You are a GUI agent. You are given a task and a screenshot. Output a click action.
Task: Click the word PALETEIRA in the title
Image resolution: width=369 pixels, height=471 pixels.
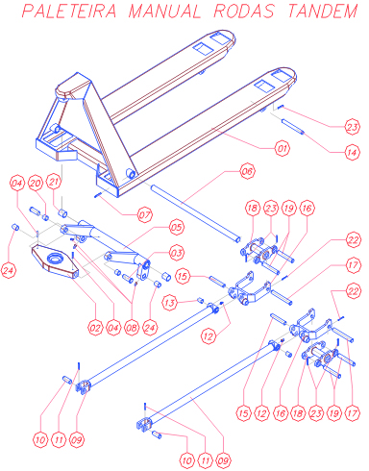(69, 11)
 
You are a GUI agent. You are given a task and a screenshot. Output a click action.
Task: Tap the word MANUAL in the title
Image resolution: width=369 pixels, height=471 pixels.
(164, 11)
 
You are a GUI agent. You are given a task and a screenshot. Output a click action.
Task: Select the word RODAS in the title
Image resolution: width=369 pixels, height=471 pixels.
(244, 11)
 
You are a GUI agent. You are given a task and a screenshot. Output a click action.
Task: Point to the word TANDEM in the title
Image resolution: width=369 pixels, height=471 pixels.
(323, 11)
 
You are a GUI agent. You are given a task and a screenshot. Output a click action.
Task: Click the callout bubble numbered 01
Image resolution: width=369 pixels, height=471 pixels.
(282, 148)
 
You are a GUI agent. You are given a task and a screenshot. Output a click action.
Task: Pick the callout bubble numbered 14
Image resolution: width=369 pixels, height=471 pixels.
(352, 152)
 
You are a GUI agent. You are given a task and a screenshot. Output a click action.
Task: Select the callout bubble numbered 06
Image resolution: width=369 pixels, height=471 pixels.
(247, 171)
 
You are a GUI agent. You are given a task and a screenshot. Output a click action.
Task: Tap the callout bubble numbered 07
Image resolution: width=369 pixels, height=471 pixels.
(144, 214)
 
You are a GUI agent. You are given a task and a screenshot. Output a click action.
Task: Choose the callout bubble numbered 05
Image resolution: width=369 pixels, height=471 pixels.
(177, 227)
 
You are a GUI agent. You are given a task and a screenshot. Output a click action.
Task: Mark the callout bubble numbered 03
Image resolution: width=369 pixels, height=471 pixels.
(177, 253)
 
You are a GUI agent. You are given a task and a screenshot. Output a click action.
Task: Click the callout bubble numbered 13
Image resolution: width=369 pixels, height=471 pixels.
(170, 303)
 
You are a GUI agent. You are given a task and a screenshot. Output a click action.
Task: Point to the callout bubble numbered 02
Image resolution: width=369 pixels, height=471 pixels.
(95, 328)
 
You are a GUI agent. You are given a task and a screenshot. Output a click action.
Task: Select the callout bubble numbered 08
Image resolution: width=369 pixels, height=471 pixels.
(132, 328)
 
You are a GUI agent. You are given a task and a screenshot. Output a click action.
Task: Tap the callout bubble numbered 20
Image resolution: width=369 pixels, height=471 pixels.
(36, 183)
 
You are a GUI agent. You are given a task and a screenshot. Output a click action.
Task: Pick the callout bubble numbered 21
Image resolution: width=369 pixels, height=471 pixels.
(54, 182)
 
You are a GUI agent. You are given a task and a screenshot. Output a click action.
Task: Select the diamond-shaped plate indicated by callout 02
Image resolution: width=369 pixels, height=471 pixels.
(55, 261)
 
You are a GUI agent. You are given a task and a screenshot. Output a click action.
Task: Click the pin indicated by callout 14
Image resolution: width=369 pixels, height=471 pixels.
(293, 127)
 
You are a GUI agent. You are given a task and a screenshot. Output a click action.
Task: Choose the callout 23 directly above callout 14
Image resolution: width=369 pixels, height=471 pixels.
(352, 127)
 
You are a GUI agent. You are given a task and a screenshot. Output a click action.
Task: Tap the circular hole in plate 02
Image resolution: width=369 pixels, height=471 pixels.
(54, 258)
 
